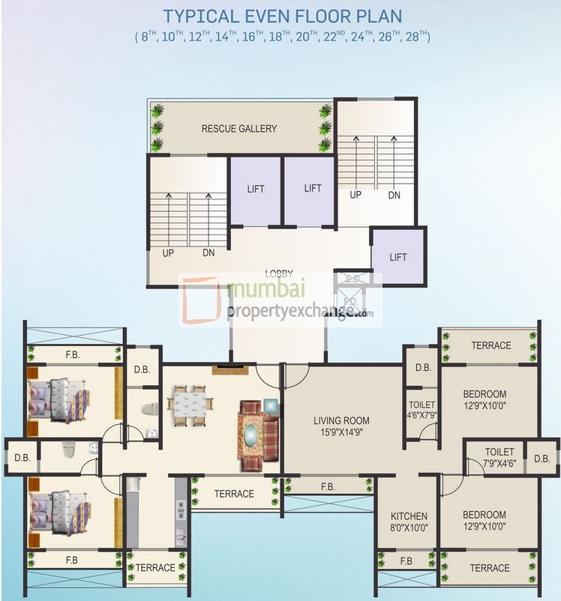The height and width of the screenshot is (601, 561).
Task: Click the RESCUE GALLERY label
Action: coord(238,129)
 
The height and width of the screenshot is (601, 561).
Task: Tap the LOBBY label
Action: coord(278,274)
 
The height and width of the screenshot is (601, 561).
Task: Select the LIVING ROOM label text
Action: coord(341,420)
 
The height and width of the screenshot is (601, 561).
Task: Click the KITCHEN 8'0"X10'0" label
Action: coord(409,522)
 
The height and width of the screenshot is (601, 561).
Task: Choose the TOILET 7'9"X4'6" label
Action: coord(499,457)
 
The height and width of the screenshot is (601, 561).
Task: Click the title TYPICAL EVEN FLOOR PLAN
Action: coord(282,16)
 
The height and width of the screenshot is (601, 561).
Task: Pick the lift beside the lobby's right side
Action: coord(398,257)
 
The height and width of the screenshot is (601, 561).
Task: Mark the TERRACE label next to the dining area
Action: coord(234,494)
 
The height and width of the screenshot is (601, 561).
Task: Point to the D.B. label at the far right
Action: coord(541,458)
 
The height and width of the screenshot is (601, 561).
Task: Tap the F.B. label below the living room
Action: coord(328,486)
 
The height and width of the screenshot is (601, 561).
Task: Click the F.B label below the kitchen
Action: coord(406,561)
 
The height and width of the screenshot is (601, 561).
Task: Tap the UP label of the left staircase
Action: coord(168,253)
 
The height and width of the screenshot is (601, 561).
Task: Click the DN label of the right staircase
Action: coord(394,194)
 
